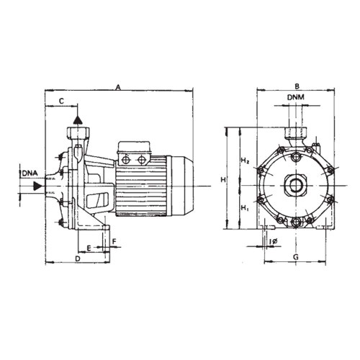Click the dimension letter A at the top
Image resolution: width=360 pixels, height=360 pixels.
(119, 86)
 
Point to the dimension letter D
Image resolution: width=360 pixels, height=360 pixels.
(77, 257)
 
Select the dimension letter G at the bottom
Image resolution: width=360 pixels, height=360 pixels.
(295, 256)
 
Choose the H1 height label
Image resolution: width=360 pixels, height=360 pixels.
(245, 209)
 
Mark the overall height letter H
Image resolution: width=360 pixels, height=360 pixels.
(223, 179)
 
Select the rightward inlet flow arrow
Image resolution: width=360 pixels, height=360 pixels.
(37, 186)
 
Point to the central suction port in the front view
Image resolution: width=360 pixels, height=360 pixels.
(295, 185)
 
